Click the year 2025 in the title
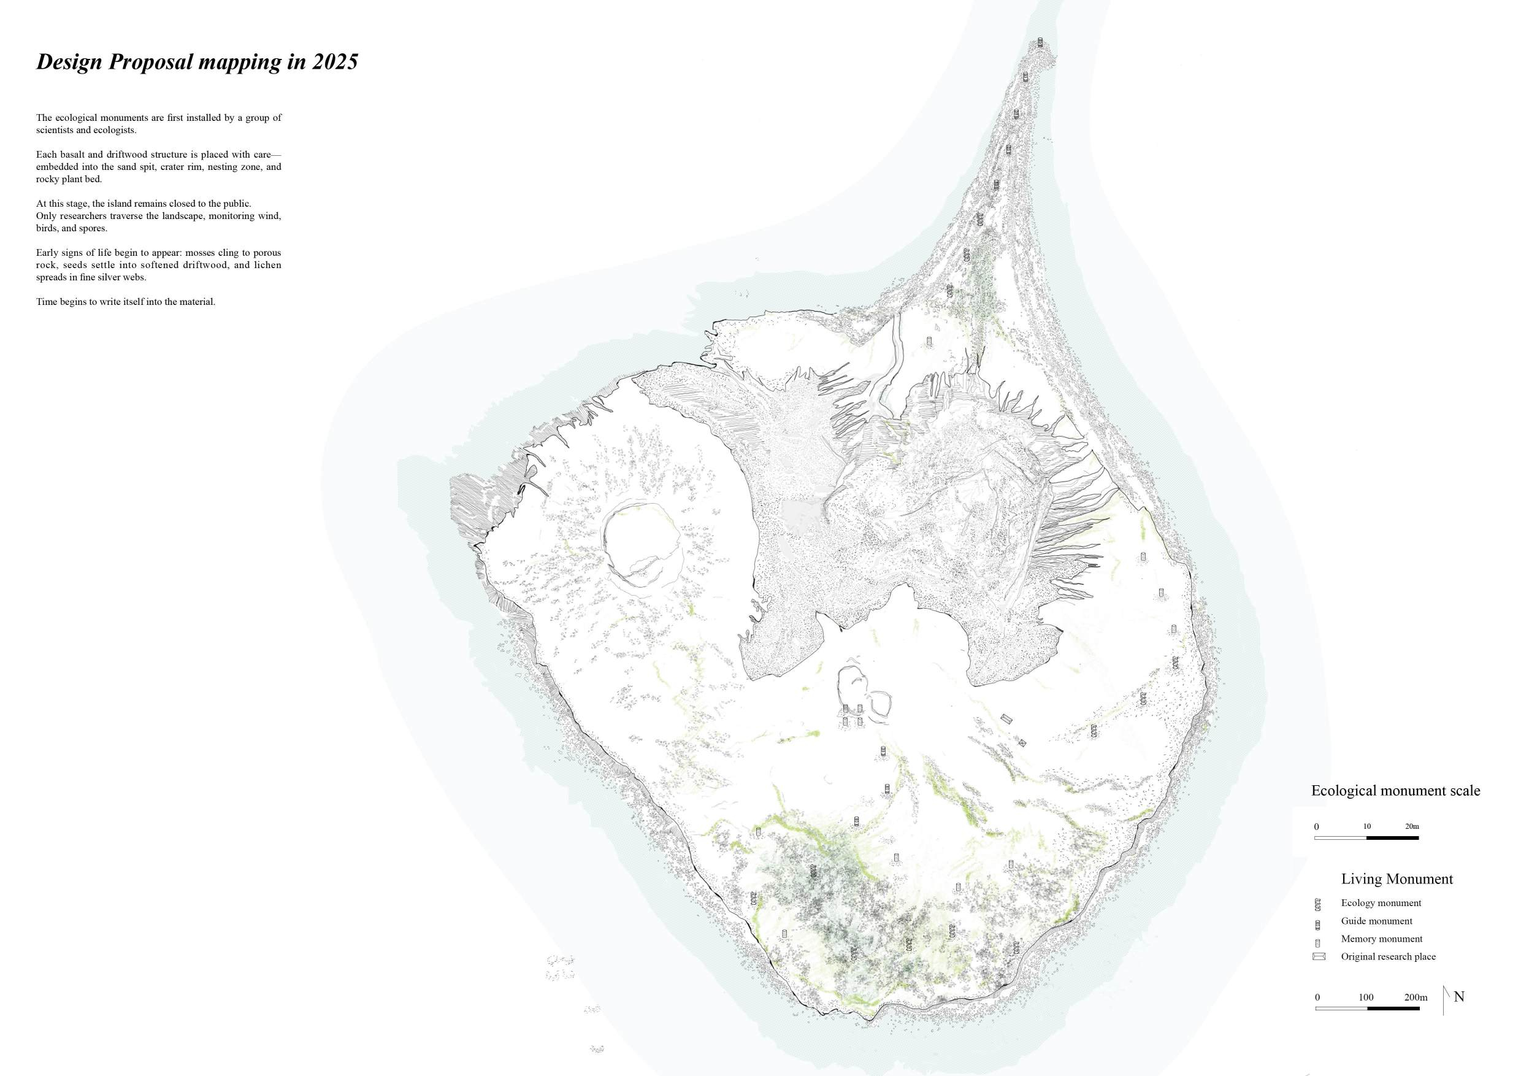334,61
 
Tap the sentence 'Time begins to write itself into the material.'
126,301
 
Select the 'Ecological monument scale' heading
1395,790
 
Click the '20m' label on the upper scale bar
1412,826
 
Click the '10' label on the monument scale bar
1366,826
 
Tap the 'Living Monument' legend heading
1396,878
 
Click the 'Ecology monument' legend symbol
1317,904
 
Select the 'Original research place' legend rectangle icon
1318,957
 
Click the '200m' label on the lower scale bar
1416,997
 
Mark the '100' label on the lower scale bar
1366,997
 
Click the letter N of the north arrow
1458,996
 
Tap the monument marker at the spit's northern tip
1040,43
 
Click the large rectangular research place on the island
1007,719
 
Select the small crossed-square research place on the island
1022,743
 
